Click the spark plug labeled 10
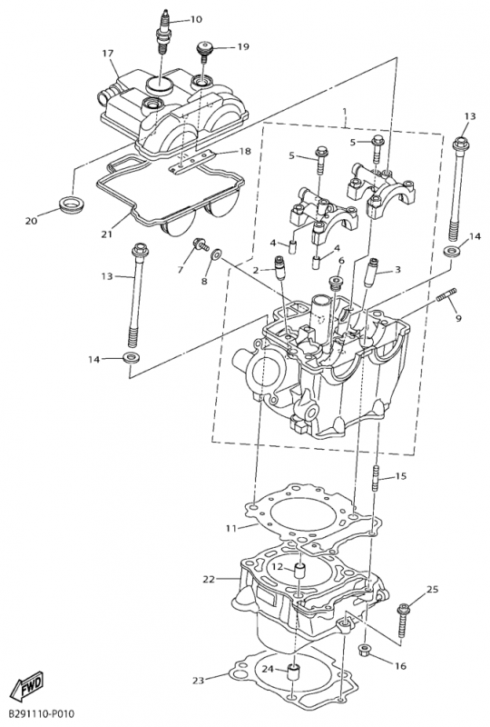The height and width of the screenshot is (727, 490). click(x=163, y=32)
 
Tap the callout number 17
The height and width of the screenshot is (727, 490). click(x=107, y=54)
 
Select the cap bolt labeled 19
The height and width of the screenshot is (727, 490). click(x=204, y=51)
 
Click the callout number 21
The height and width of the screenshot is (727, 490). click(x=106, y=234)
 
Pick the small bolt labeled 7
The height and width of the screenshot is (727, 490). click(x=201, y=244)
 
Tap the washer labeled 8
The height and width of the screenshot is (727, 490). click(x=217, y=254)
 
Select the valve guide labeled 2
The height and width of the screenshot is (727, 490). click(x=280, y=268)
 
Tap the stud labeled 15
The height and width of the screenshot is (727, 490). click(x=376, y=480)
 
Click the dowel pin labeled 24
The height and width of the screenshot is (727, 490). click(x=294, y=672)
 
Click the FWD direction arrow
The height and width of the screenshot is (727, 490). click(x=27, y=684)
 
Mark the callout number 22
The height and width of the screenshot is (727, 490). click(x=209, y=579)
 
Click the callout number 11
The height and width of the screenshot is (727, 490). click(x=231, y=528)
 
